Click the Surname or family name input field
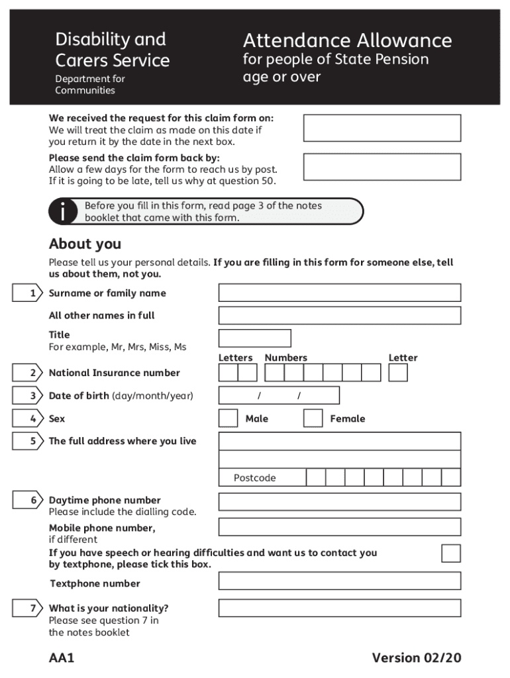point(339,293)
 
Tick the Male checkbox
point(228,418)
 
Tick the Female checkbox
point(313,418)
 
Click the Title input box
point(254,338)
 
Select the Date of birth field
point(279,396)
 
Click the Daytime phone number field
point(339,501)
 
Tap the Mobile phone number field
point(339,527)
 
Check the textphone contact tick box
point(451,553)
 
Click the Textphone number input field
point(339,581)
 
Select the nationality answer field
point(339,608)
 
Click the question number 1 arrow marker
point(28,293)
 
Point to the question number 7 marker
point(28,608)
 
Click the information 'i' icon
point(62,212)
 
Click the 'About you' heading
point(85,244)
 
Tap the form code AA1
point(62,657)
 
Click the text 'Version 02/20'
point(416,657)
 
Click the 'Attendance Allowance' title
point(347,41)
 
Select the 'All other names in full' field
point(339,315)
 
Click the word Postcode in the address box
point(254,478)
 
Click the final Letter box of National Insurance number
point(398,373)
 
